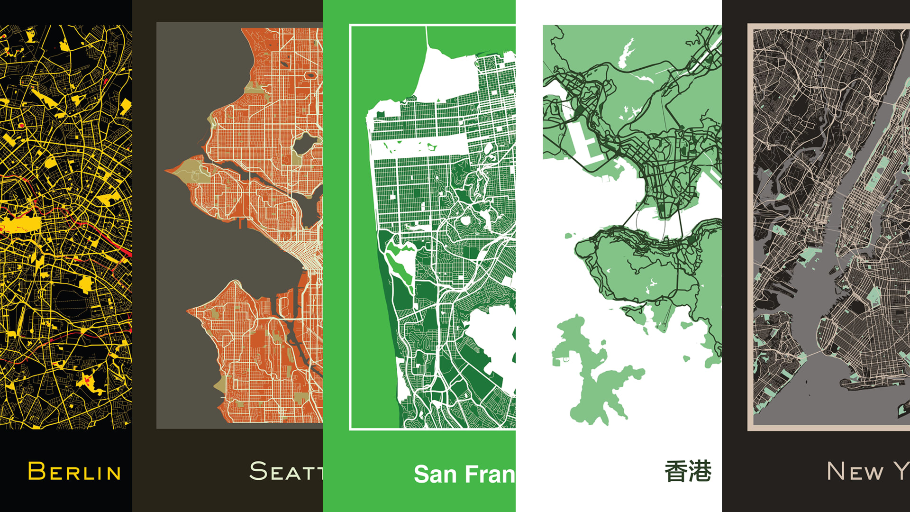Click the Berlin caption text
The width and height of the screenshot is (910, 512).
coord(74,472)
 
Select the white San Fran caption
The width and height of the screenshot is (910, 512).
coord(464,474)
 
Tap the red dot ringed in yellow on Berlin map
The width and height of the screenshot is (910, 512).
coord(21,125)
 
